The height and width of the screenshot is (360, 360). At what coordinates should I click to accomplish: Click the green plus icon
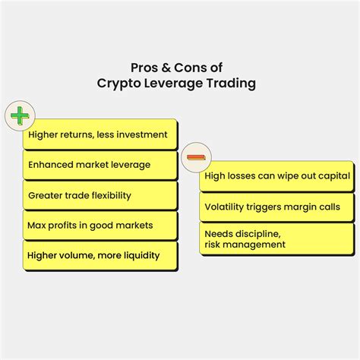(20, 115)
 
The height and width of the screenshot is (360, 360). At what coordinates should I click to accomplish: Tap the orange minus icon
(196, 157)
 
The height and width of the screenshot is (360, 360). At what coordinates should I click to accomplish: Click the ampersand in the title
(166, 68)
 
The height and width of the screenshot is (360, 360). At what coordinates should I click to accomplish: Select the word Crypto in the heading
(118, 84)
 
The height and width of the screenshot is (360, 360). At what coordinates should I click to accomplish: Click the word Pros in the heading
(144, 68)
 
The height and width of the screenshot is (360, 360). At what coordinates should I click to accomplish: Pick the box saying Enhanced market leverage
(100, 165)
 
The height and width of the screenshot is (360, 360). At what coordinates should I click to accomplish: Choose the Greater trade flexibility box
(100, 195)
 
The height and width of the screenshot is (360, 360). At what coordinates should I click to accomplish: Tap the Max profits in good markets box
(100, 226)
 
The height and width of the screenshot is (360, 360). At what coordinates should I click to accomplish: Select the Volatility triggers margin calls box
(276, 207)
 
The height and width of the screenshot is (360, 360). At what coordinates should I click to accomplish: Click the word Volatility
(224, 207)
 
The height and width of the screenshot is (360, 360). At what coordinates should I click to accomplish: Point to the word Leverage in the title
(173, 84)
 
